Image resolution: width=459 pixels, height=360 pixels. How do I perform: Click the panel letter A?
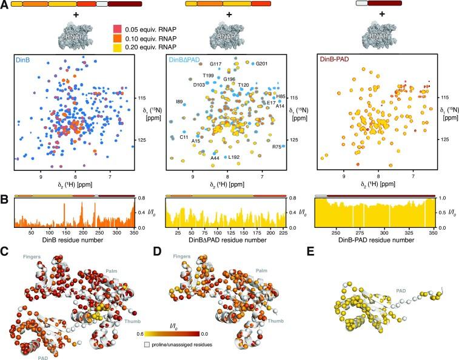click(5, 5)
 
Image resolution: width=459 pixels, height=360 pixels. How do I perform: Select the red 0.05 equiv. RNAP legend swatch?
click(118, 29)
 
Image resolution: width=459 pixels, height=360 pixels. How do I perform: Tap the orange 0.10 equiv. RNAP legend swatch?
click(118, 38)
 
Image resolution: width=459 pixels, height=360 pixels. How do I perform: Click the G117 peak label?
click(215, 64)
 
